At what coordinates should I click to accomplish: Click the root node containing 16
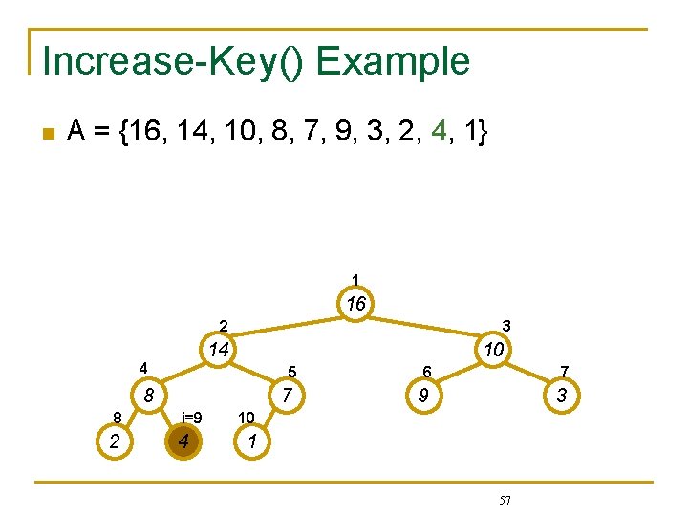pos(356,305)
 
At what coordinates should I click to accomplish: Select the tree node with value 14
pos(219,350)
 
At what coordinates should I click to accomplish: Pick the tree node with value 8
pos(149,395)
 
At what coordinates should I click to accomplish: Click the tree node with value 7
pos(287,395)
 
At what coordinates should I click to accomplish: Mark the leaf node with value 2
pos(115,441)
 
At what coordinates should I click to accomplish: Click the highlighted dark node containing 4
pos(183,441)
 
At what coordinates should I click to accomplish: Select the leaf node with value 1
pos(251,441)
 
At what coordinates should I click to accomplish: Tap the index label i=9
pos(191,418)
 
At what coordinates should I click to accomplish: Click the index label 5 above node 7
pos(292,372)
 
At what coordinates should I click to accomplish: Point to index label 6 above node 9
pos(428,372)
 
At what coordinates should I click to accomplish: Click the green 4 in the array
pos(438,134)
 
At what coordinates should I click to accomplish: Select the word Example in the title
pos(393,61)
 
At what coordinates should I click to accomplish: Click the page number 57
pos(505,500)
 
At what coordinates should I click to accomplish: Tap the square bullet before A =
pos(49,134)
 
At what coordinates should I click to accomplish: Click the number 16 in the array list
pos(140,134)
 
